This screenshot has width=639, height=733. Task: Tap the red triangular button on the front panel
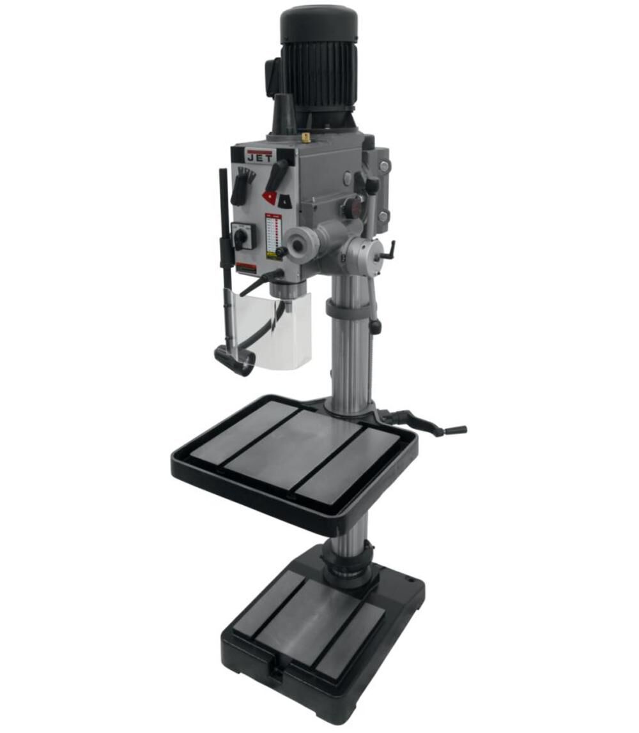[270, 198]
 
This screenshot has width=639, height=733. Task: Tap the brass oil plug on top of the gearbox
[306, 137]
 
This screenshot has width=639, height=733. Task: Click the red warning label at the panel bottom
[246, 268]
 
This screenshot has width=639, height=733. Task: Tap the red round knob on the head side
[348, 209]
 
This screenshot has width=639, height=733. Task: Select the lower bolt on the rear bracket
[381, 216]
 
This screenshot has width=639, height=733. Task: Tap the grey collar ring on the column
[348, 308]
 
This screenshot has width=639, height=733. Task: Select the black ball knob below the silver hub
[375, 327]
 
